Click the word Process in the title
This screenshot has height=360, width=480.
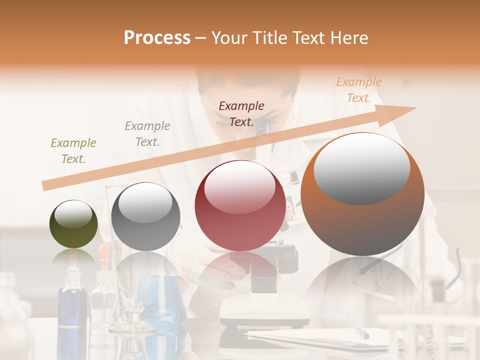tap(157, 38)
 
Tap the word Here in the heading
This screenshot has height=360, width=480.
tap(348, 38)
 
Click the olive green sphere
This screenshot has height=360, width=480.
tap(73, 224)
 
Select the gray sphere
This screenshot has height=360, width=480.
tap(145, 216)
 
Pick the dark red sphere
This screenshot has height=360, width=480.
tap(240, 205)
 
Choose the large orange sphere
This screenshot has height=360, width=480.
tap(362, 194)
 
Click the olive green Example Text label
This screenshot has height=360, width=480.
tap(73, 151)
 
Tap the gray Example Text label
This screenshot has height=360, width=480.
tap(147, 134)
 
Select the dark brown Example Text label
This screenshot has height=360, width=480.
tap(241, 113)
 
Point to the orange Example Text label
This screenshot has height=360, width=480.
tap(359, 90)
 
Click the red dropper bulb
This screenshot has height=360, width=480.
tap(104, 250)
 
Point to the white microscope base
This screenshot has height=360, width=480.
tap(265, 312)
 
